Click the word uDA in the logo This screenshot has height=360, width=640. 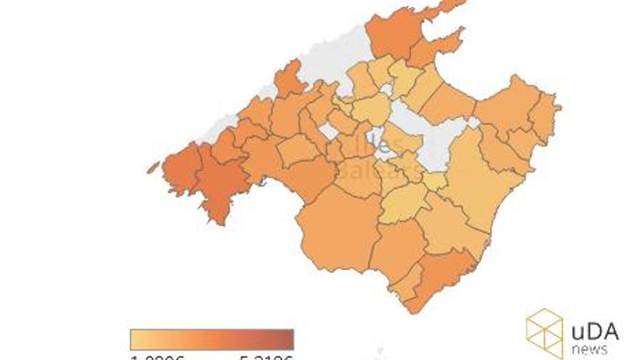[595, 331]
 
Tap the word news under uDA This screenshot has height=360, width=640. [590, 350]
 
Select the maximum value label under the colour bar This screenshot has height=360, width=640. [266, 357]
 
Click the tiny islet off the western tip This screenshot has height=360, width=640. [152, 167]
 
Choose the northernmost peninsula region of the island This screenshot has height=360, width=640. [396, 33]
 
